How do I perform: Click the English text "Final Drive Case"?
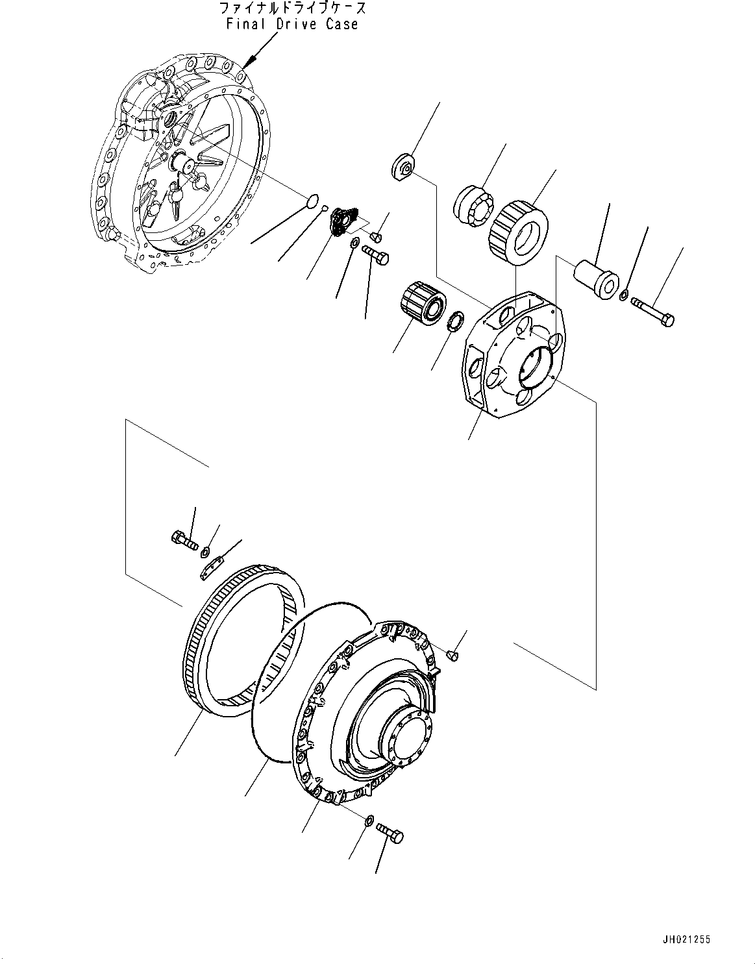point(292,25)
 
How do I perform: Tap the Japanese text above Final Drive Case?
point(292,8)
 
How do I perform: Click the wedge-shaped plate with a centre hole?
point(404,166)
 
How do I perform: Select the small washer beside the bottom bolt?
point(368,821)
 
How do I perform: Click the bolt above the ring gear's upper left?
point(185,540)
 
